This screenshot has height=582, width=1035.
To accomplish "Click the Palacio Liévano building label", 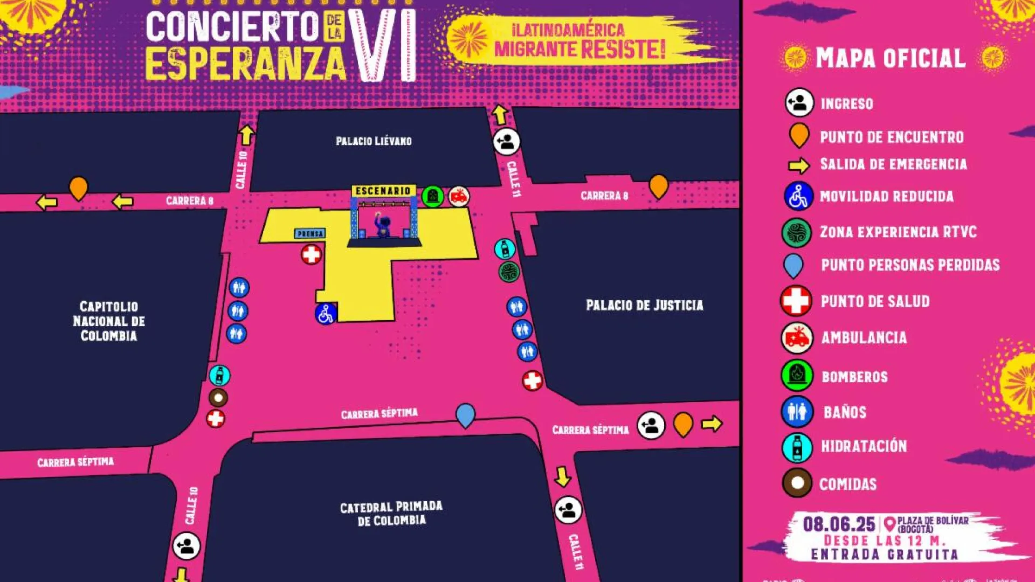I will tap(374, 141).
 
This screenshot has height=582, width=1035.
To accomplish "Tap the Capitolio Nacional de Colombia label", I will tap(109, 321).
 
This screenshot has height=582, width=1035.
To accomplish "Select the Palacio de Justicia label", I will tap(644, 306).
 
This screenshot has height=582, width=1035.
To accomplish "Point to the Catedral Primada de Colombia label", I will tap(391, 514).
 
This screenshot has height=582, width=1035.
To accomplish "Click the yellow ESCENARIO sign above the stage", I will tap(383, 191).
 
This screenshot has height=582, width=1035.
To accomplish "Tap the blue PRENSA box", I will tap(310, 234).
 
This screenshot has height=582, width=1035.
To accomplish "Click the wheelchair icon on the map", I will tap(326, 314).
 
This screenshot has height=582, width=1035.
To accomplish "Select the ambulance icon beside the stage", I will tap(459, 197).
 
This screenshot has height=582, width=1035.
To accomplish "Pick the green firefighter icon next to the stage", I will tap(432, 197).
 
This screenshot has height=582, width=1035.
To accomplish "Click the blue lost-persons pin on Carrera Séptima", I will tap(465, 415).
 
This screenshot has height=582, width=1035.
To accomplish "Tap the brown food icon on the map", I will tap(218, 398).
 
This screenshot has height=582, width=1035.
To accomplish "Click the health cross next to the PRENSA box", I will tap(311, 254).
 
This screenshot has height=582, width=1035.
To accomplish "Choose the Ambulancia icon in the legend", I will tap(797, 338).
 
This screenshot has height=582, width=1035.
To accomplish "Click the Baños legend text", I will tap(845, 413).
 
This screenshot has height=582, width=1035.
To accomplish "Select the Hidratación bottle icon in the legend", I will tap(797, 447).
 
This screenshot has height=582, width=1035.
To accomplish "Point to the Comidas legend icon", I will tap(797, 482).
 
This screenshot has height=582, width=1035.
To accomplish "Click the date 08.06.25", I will tap(839, 524).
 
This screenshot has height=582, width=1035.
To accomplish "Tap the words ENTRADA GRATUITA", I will tap(884, 555).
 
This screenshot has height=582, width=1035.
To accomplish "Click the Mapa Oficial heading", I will tap(890, 58).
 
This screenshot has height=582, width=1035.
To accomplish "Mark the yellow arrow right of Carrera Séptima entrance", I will tap(712, 424).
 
